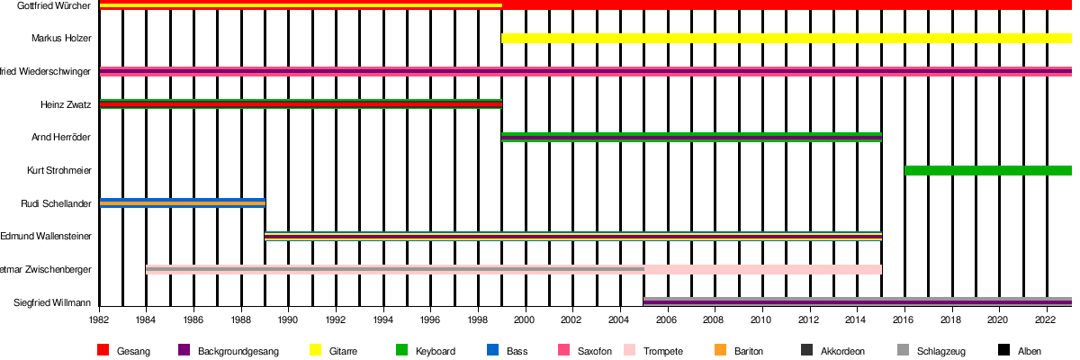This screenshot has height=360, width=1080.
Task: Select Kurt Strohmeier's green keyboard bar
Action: click(988, 170)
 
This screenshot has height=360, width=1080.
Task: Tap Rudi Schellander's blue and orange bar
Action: click(183, 202)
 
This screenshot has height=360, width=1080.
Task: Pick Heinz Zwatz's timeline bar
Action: click(301, 103)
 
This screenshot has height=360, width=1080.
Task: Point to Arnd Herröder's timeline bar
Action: click(691, 137)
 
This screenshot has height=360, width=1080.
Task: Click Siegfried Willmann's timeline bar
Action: click(858, 301)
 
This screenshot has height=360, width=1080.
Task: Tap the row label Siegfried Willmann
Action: click(53, 302)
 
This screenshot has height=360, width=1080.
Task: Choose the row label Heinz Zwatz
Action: click(66, 104)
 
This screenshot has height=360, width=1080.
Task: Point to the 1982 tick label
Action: click(100, 319)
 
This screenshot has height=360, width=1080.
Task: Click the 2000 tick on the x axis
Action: click(526, 319)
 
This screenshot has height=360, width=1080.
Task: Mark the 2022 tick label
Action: click(1047, 319)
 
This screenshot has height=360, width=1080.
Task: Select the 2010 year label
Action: click(762, 319)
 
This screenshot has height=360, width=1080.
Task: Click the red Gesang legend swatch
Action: click(103, 350)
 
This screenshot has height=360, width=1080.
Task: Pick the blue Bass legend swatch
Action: click(491, 350)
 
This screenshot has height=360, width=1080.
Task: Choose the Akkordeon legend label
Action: click(843, 351)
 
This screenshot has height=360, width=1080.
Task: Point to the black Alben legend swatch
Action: click(1003, 350)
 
